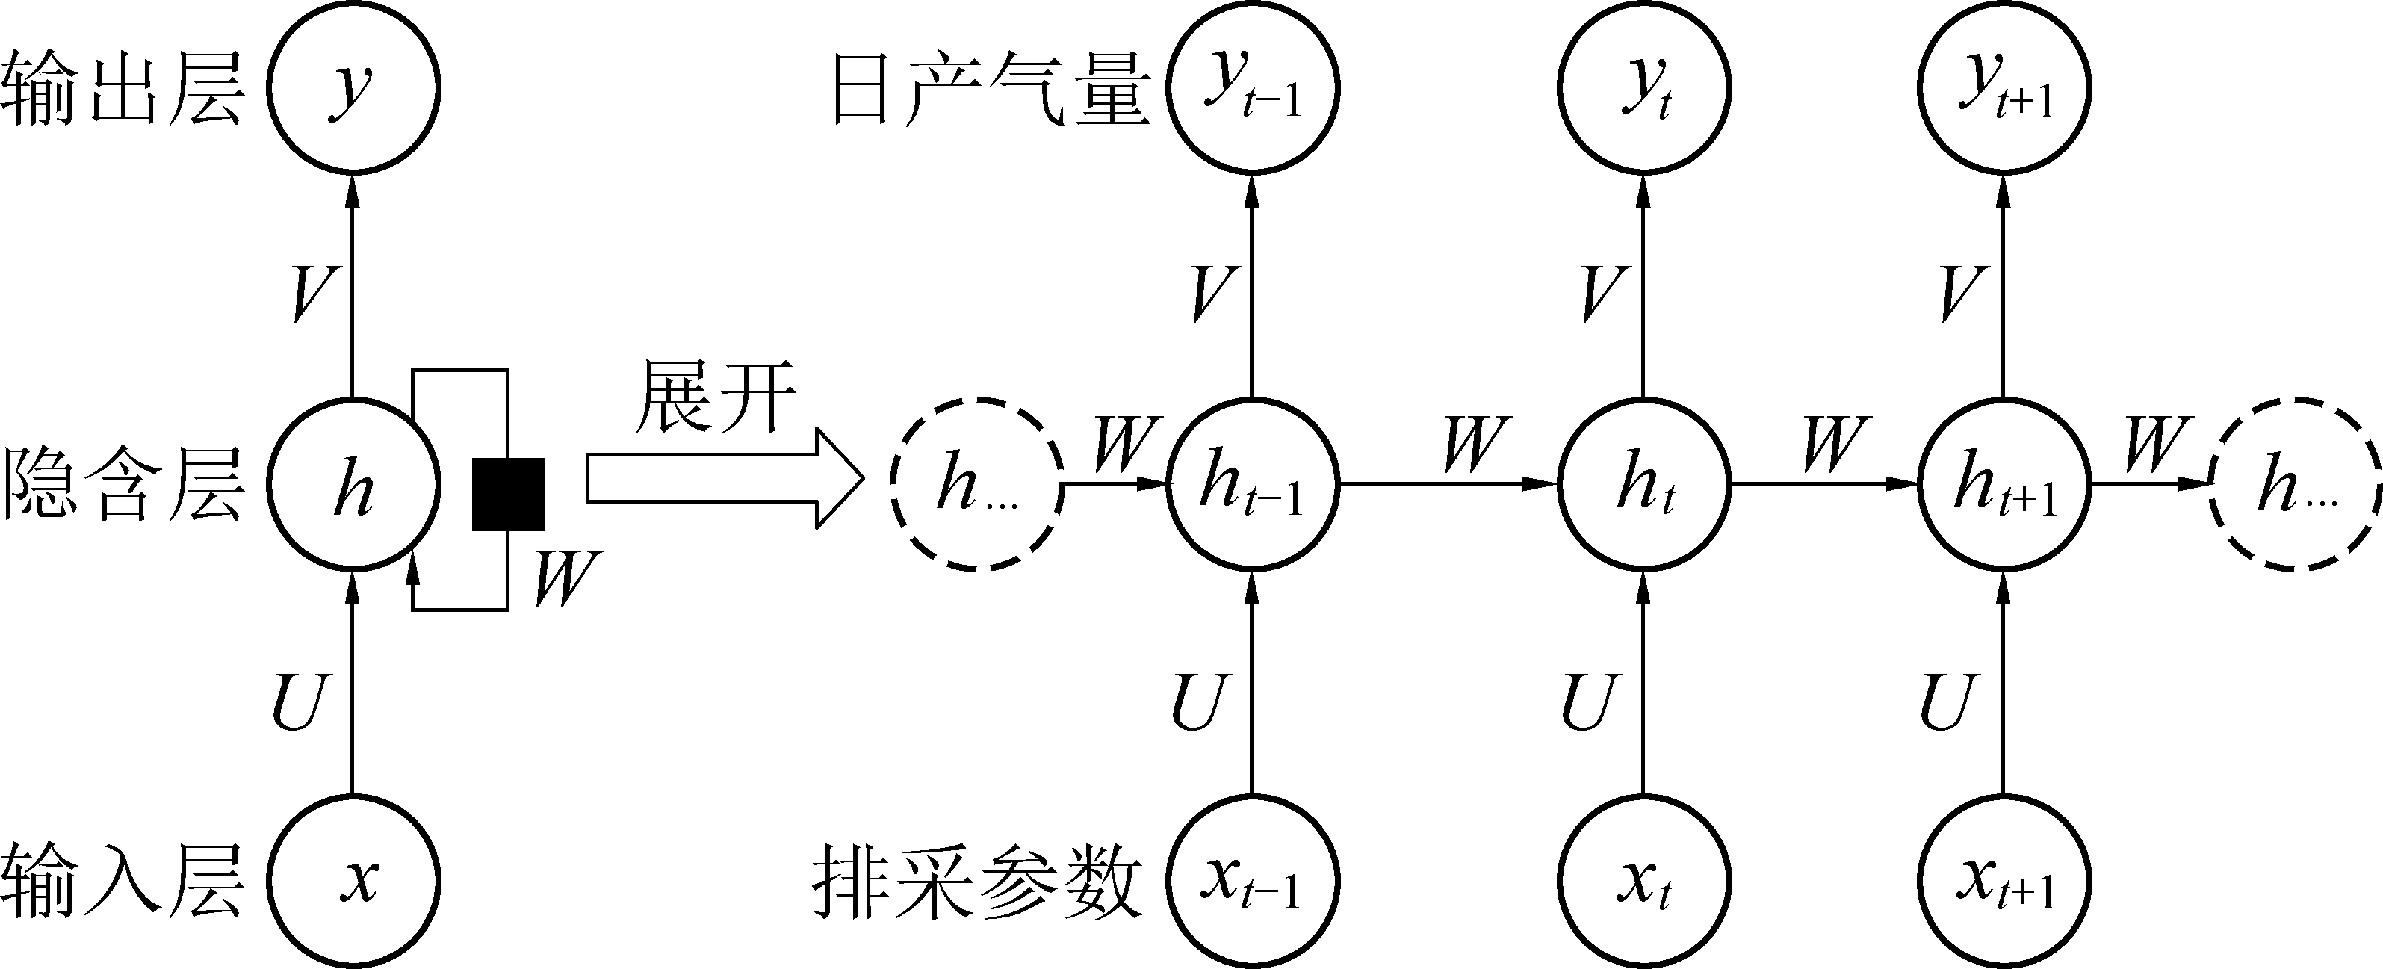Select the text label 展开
click(x=715, y=398)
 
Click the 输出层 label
click(x=123, y=90)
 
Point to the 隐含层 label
click(x=123, y=485)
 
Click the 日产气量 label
click(x=992, y=90)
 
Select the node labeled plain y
click(x=353, y=88)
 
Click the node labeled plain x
click(x=353, y=880)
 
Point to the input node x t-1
click(x=1251, y=880)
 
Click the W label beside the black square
click(x=566, y=578)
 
